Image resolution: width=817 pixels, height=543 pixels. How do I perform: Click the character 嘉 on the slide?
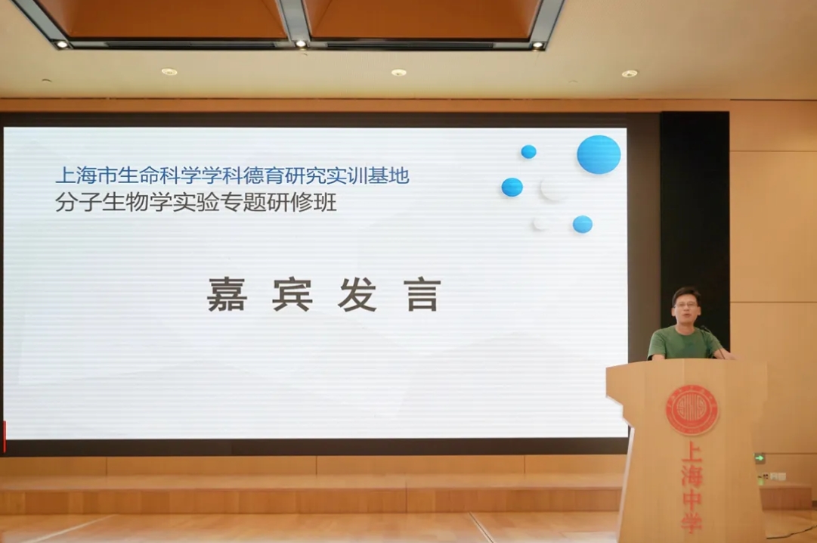227,295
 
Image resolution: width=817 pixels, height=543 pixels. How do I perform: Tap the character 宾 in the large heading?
292,295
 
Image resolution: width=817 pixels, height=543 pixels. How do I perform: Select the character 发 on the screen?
357,295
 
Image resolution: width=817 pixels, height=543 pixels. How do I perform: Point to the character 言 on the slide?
422,295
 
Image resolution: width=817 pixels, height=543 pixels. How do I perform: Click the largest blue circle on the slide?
599,154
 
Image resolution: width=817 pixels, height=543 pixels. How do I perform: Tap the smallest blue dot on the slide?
528,152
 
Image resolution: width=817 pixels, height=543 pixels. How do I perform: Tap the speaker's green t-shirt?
684,343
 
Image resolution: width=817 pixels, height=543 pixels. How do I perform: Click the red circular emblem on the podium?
692,410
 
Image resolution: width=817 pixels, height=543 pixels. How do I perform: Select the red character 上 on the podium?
692,453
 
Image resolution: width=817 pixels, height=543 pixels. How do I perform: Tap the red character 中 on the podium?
692,497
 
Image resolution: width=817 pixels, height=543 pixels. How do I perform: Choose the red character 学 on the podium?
692,520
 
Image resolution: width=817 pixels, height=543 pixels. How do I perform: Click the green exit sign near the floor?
760,458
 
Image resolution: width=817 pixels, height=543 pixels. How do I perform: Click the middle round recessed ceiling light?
398,73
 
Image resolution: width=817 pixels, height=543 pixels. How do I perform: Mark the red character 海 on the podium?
692,475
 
